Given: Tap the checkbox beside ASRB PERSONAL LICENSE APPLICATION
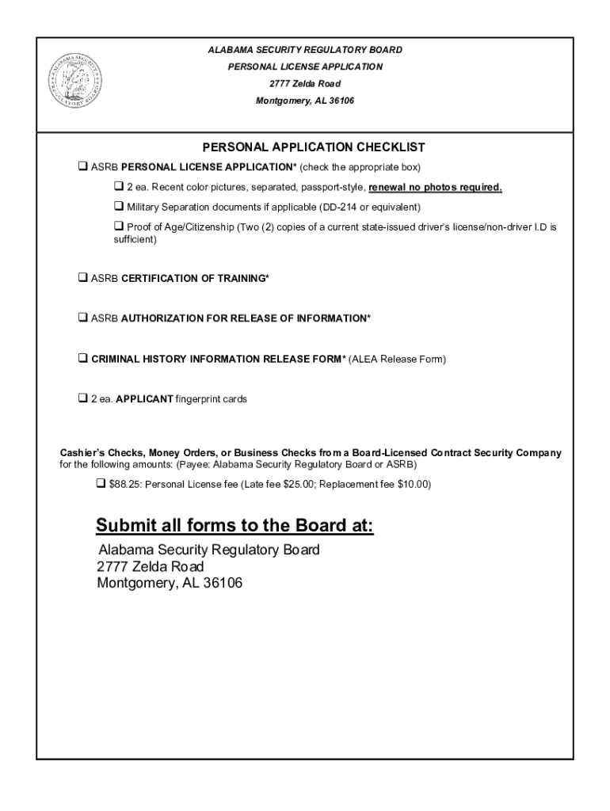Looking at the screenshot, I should pos(82,167).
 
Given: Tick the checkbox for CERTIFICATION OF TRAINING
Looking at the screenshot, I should pos(82,278).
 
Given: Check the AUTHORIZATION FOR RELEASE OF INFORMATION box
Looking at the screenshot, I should pos(82,318).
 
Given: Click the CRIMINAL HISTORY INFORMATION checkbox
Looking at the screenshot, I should pos(82,359).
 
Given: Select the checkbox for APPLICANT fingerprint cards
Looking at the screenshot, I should pos(82,399).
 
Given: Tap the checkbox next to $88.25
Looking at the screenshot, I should pos(101,483).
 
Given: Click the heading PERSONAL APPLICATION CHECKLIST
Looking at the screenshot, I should pos(314,147).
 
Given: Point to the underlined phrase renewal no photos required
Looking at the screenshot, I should pos(435,188).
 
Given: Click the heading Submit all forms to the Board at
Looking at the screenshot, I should pos(234,526).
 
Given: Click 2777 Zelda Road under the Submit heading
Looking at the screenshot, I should pos(150,567).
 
